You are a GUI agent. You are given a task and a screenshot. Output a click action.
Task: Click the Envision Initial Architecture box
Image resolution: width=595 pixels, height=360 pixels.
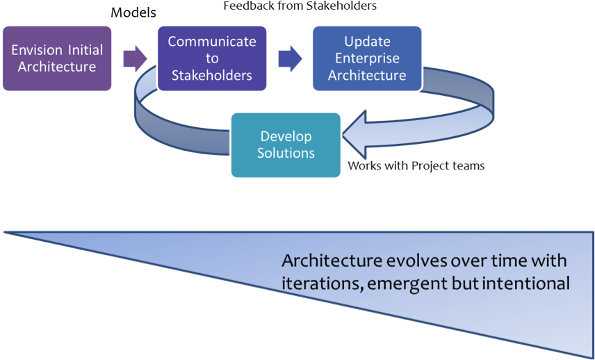(57, 58)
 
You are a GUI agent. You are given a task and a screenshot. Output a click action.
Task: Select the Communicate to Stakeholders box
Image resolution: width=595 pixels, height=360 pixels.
(212, 58)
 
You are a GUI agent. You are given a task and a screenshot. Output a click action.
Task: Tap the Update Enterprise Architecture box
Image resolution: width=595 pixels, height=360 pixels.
(366, 58)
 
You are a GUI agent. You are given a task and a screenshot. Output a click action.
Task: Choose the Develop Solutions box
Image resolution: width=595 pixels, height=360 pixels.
(286, 145)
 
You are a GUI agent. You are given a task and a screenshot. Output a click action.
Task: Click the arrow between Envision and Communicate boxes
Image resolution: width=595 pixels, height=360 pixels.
(134, 59)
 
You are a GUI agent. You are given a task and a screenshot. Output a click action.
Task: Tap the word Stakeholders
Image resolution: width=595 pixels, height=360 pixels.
(212, 75)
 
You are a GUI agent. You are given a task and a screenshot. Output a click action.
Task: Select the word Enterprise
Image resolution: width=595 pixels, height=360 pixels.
(367, 58)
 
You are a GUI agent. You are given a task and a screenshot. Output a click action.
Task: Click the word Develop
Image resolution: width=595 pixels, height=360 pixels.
(286, 136)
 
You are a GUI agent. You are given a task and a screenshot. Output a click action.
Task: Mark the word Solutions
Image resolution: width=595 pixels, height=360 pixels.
(286, 153)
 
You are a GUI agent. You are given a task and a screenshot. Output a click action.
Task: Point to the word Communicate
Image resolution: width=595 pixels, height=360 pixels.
(212, 42)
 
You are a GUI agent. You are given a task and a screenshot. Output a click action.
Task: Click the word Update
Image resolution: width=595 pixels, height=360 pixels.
(366, 42)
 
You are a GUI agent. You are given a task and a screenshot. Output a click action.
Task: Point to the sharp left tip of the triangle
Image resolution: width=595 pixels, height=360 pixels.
(6, 231)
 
